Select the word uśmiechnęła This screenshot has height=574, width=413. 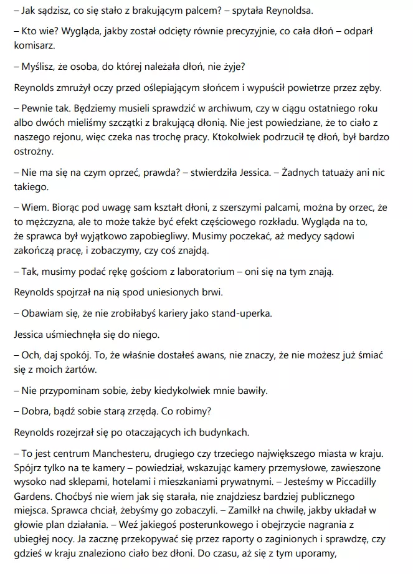coord(75,333)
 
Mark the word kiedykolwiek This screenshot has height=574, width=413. coord(181,391)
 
